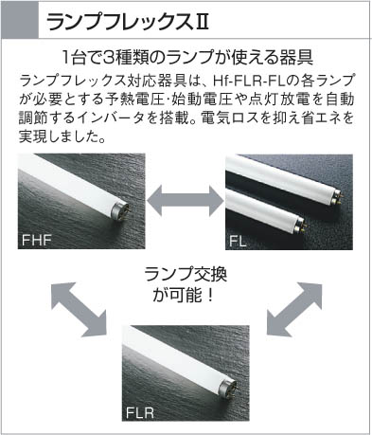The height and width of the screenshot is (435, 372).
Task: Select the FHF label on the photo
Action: (36, 240)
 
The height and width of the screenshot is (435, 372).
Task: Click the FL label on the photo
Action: (238, 242)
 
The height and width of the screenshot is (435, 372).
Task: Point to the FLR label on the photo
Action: (140, 412)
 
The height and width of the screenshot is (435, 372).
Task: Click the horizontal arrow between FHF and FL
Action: (186, 201)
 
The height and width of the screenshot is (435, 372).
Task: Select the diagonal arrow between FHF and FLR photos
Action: (80, 310)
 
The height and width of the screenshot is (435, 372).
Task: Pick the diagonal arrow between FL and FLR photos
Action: (294, 309)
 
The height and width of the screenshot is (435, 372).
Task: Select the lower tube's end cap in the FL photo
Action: (299, 225)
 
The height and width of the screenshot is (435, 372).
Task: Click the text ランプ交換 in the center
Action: (186, 274)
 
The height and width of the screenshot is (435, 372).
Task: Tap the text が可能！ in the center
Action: (184, 295)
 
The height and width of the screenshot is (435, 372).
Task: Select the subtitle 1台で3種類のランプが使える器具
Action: (187, 57)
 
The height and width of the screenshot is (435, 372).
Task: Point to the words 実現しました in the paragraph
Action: (58, 136)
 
